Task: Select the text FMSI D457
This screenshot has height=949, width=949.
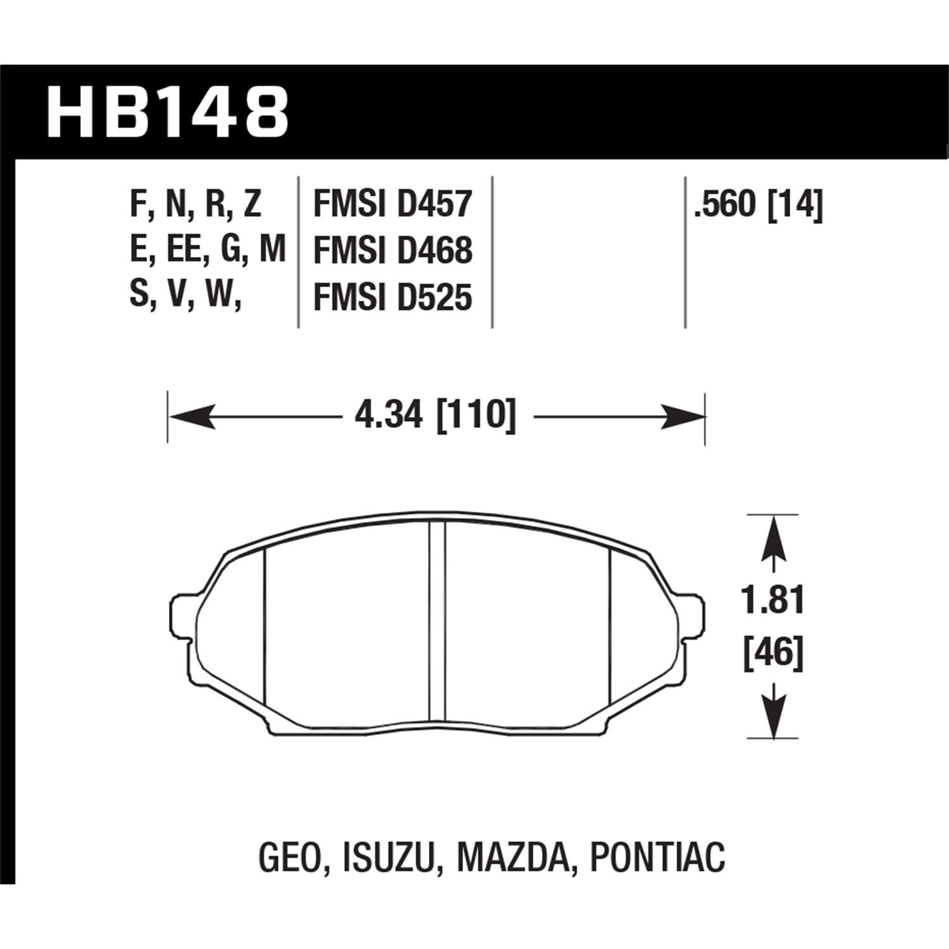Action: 393,205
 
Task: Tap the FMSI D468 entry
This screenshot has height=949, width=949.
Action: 393,251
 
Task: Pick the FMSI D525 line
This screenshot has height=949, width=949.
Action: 393,297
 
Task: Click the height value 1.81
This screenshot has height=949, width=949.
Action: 772,600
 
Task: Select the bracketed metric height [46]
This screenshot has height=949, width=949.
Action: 772,652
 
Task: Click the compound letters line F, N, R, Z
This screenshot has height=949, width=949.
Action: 195,205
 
